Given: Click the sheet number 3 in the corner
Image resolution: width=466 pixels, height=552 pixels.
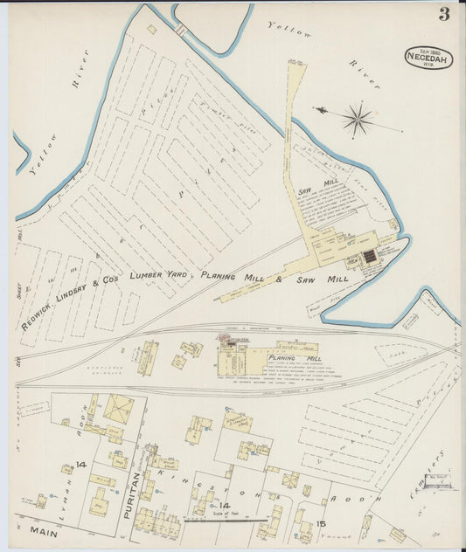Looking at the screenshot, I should click(x=444, y=14).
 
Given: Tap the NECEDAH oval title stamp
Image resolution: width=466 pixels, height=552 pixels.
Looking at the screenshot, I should click(x=428, y=59).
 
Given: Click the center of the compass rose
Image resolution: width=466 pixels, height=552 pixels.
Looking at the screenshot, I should click(x=357, y=118).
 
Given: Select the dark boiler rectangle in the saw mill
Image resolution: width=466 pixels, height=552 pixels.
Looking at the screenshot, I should click(x=369, y=256).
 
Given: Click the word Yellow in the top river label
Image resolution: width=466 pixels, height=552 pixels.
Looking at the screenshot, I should click(x=289, y=28).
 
